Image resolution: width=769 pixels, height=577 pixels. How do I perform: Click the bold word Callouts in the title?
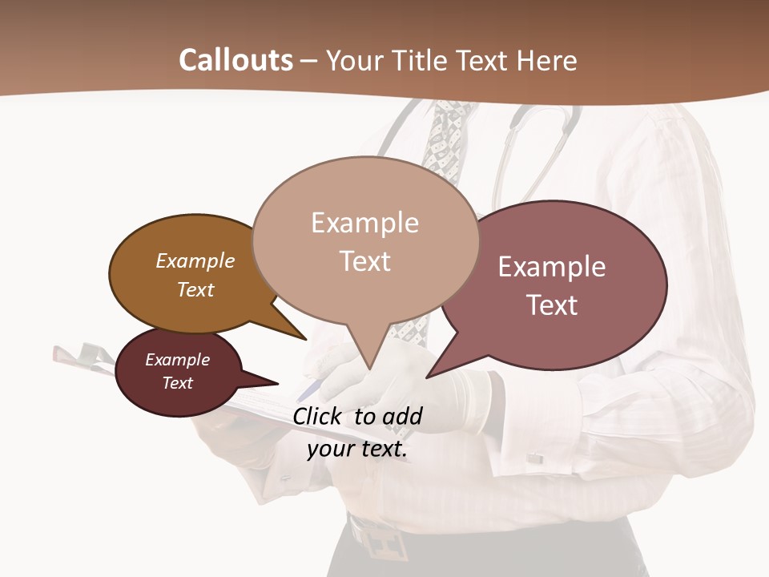(x=236, y=60)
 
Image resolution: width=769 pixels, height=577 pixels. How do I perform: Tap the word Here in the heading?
(x=546, y=61)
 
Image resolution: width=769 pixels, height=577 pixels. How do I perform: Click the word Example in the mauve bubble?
(x=552, y=267)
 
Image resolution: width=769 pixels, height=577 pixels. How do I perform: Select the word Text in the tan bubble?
(x=365, y=261)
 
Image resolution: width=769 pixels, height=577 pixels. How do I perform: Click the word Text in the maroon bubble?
(x=178, y=383)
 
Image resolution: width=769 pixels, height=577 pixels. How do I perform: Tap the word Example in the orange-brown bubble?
(x=195, y=261)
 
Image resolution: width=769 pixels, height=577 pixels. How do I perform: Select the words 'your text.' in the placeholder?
(x=357, y=449)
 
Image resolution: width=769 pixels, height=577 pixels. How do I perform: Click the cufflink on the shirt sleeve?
(x=534, y=458)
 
